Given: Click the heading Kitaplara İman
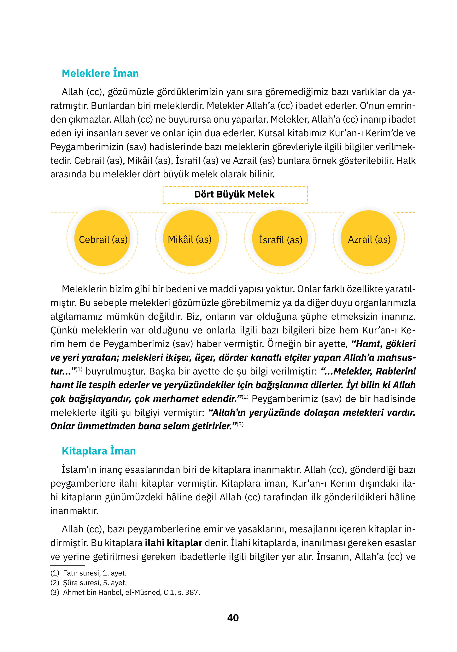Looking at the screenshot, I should (98, 451).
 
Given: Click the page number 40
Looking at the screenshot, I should (233, 618).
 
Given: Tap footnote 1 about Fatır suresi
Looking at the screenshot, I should (89, 573).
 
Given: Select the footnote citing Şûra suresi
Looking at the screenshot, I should (89, 583).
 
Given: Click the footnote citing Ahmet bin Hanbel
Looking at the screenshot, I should (125, 593).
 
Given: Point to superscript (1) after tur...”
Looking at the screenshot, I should (79, 369).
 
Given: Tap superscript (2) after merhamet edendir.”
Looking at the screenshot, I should (245, 397).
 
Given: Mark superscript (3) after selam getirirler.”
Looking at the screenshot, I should (240, 424).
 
